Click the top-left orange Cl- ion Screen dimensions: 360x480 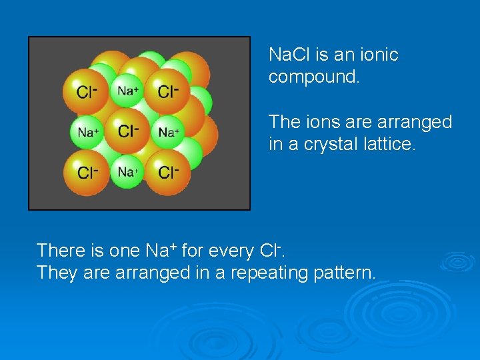86,91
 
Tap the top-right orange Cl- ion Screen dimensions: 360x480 167,91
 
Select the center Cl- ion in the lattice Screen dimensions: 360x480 127,131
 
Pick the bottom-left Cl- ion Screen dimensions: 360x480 86,173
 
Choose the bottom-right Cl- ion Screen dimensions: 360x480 167,173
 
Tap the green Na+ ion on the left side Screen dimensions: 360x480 87,132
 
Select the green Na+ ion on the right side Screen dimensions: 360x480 168,132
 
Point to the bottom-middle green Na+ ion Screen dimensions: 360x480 127,172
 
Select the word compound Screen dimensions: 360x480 313,77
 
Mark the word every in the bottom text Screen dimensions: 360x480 231,251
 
